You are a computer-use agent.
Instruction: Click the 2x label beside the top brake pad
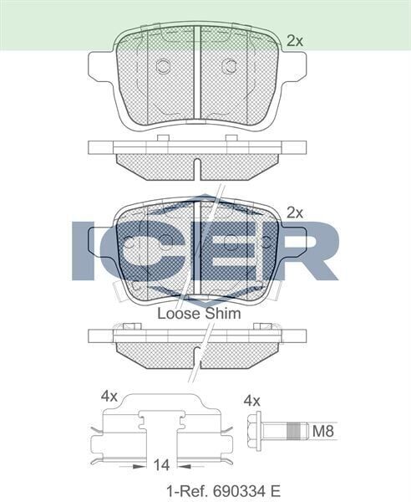click(x=294, y=39)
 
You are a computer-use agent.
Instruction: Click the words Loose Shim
click(x=199, y=314)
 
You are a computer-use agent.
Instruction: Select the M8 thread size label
click(x=322, y=431)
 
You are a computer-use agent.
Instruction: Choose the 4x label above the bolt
click(x=251, y=400)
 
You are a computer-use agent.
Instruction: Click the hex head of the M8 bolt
click(x=256, y=431)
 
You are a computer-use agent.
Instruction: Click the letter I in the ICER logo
click(x=84, y=249)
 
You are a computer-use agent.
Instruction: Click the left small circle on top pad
click(x=164, y=66)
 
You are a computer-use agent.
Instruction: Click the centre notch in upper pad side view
click(x=196, y=168)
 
